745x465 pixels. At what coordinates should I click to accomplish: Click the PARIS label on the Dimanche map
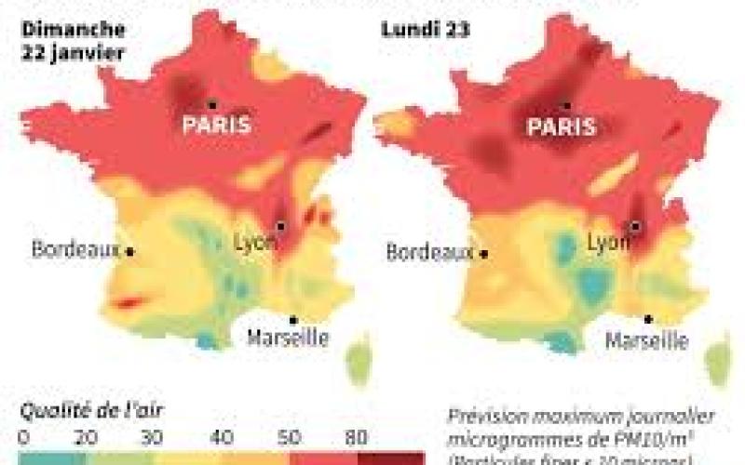(216, 125)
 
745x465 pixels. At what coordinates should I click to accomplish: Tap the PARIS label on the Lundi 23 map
(561, 127)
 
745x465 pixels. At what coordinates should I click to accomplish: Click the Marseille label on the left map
(288, 337)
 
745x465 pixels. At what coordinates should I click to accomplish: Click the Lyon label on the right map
(609, 244)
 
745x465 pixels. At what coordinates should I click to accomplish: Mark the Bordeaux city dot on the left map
(130, 251)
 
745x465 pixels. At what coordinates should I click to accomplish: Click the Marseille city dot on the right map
(647, 319)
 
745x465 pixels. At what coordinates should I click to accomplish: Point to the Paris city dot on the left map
(212, 103)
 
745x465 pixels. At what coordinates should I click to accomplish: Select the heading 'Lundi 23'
(425, 30)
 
